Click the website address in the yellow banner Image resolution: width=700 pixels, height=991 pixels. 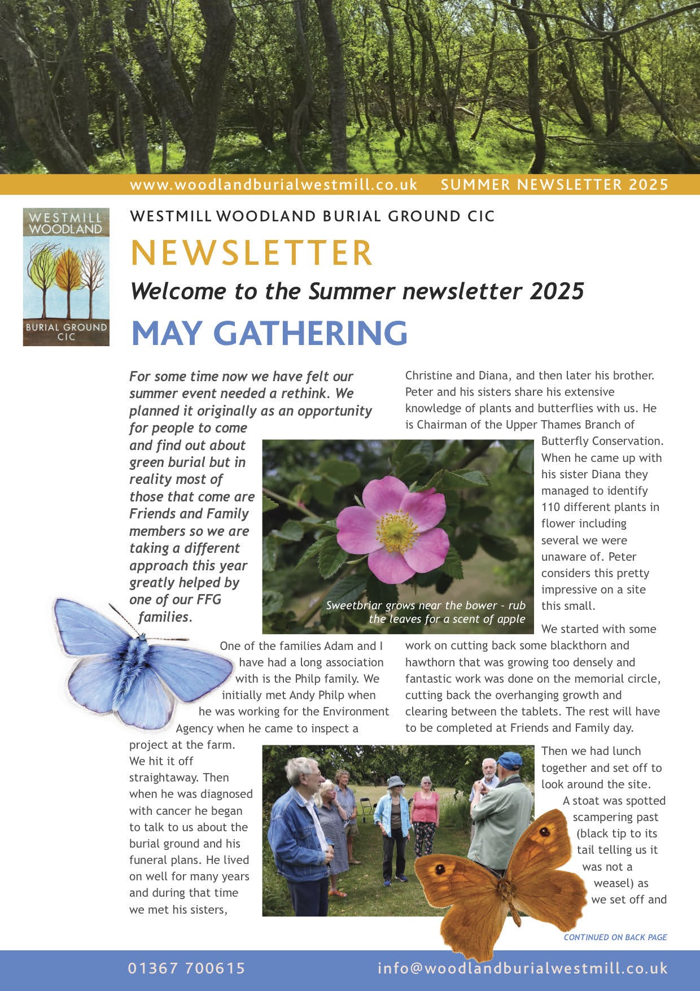pyautogui.click(x=273, y=185)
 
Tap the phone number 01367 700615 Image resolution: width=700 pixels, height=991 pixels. pyautogui.click(x=186, y=968)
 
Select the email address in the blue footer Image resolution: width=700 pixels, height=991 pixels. pyautogui.click(x=522, y=968)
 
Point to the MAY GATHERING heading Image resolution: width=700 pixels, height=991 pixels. pyautogui.click(x=269, y=333)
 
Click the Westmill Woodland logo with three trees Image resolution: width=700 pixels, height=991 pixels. pyautogui.click(x=66, y=277)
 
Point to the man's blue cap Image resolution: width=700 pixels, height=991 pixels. pyautogui.click(x=510, y=759)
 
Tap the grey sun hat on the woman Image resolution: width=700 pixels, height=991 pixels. pyautogui.click(x=395, y=782)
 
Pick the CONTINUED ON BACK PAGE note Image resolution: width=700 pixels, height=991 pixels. pyautogui.click(x=615, y=937)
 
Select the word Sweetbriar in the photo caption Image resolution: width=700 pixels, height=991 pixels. pyautogui.click(x=353, y=606)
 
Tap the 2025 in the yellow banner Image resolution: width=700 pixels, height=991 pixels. pyautogui.click(x=649, y=185)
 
